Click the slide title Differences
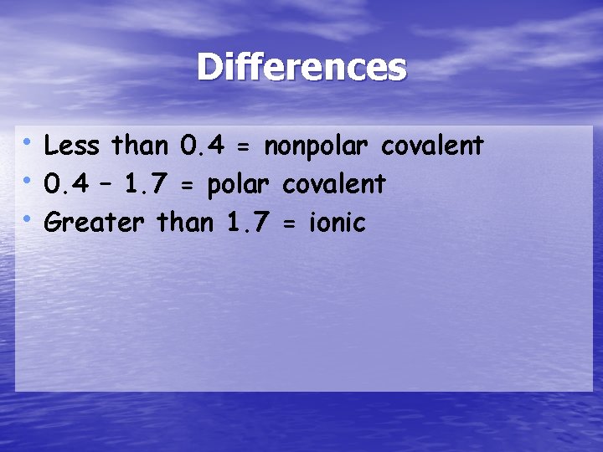coord(301,68)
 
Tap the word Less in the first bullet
coord(72,146)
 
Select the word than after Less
coord(141,146)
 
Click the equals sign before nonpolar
coord(244,147)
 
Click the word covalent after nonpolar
coord(432,146)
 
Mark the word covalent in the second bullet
coord(333,184)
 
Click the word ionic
coord(338,223)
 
